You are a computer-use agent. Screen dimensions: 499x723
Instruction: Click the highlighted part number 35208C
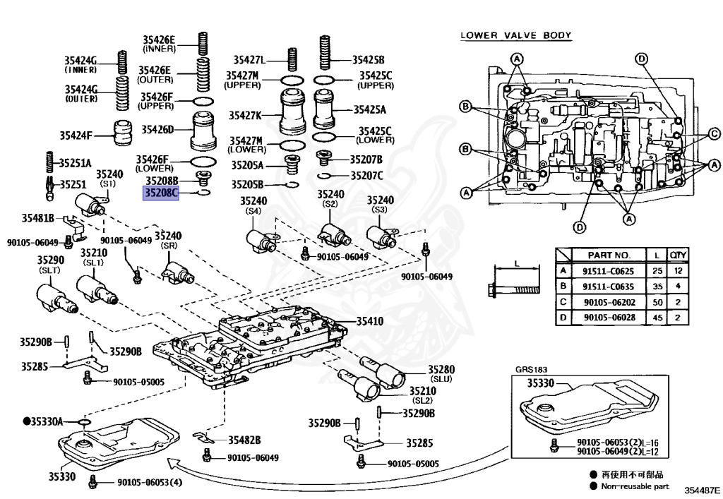pyautogui.click(x=161, y=193)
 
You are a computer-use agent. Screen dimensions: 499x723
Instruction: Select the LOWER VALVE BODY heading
pyautogui.click(x=515, y=35)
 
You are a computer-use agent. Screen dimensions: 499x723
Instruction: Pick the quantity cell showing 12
pyautogui.click(x=679, y=270)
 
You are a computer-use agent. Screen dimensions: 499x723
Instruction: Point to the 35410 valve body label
pyautogui.click(x=370, y=321)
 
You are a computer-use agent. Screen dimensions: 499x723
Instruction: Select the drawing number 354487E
pyautogui.click(x=701, y=489)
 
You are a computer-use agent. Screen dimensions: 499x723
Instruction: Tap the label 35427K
pyautogui.click(x=244, y=115)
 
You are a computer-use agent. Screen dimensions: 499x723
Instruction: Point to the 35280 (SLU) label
pyautogui.click(x=441, y=373)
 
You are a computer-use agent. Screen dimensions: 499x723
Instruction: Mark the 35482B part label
pyautogui.click(x=244, y=440)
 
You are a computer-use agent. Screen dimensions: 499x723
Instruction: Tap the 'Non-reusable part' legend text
pyautogui.click(x=633, y=486)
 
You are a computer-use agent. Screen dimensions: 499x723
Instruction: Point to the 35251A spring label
pyautogui.click(x=75, y=162)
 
